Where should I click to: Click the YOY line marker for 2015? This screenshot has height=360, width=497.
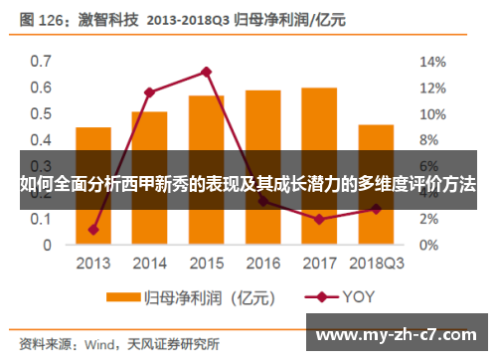[x=206, y=72]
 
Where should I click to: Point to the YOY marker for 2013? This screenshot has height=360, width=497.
[x=93, y=230]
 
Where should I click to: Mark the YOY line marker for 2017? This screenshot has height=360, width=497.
[x=318, y=219]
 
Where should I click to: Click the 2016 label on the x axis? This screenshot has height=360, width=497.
[x=262, y=265]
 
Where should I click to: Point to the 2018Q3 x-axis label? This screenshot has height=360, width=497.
[x=375, y=265]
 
